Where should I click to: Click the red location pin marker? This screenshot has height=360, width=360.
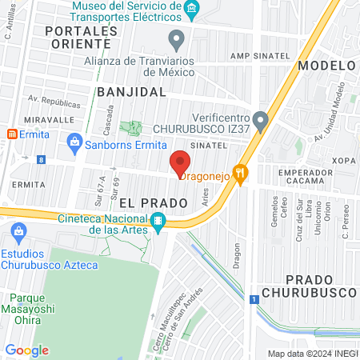point(180,161)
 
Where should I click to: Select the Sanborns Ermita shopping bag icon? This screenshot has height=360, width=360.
point(74,143)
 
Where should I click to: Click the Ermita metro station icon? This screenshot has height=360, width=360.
point(10,134)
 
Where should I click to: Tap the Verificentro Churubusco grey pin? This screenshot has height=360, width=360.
point(260,117)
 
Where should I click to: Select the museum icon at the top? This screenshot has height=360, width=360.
point(191,10)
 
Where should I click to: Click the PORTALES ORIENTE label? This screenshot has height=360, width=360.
point(81,37)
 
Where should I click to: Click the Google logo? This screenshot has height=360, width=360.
point(27,350)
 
